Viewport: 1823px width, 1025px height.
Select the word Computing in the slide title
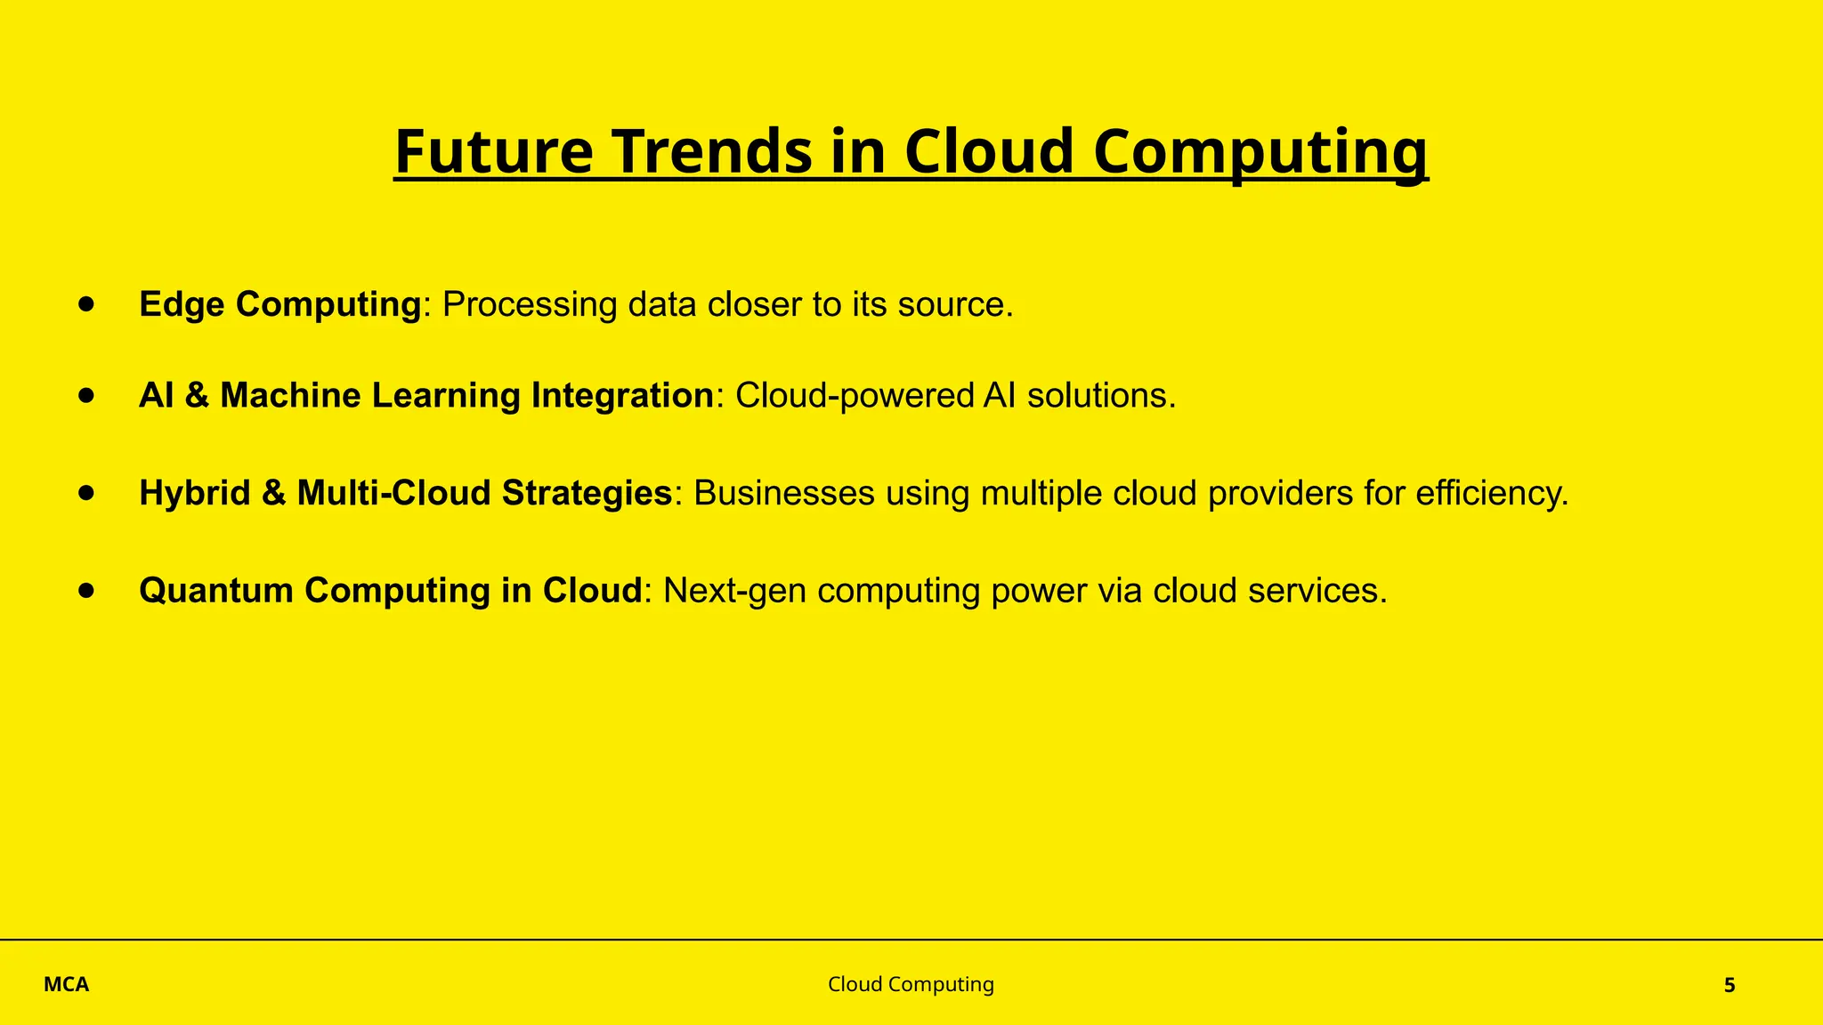(x=1260, y=153)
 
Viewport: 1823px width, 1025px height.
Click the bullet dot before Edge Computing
(x=86, y=304)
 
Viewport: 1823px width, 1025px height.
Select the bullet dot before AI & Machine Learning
(x=86, y=395)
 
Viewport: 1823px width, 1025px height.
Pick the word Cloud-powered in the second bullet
(x=855, y=395)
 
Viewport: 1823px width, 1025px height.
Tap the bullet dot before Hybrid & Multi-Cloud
(x=86, y=492)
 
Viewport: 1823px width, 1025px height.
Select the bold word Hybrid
(x=194, y=493)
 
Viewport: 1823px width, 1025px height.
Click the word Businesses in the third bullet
(x=783, y=493)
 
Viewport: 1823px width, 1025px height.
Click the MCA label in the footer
(x=67, y=985)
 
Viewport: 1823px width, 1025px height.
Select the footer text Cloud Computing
(x=911, y=984)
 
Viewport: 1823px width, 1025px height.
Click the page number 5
(x=1730, y=985)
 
